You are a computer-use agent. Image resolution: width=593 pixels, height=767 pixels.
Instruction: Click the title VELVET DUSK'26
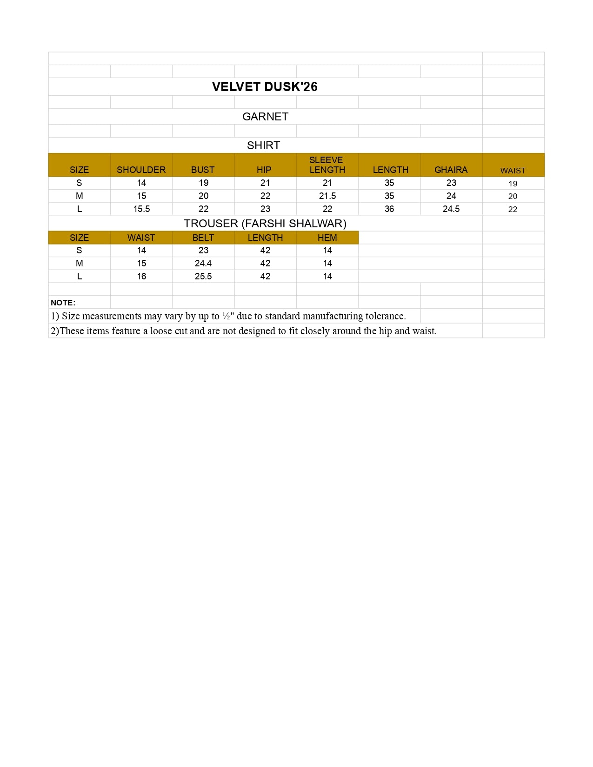coord(265,87)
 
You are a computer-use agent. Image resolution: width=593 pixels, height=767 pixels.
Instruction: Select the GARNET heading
coord(265,117)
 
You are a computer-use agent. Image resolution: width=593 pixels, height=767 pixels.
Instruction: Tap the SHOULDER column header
coord(141,170)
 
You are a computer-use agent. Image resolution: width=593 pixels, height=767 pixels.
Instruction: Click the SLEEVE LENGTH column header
coord(327,165)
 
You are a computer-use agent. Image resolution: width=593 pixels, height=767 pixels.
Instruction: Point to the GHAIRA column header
coord(451,170)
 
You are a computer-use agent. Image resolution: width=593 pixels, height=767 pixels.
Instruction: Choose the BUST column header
coord(203,170)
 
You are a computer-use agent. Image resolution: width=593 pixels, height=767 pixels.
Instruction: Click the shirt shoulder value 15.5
coord(141,209)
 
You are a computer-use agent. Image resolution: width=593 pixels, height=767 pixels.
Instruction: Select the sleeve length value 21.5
coord(327,196)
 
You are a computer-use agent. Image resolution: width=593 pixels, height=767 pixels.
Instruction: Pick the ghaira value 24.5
coord(451,209)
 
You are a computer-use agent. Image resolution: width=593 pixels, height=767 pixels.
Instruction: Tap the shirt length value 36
coord(389,209)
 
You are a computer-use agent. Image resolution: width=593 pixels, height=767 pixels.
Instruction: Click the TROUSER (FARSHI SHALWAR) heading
coord(265,224)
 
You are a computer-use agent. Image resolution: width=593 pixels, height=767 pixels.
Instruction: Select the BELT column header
coord(203,238)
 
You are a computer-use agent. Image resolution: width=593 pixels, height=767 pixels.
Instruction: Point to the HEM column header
coord(327,238)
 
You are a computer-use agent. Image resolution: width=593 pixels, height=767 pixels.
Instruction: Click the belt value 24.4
coord(203,264)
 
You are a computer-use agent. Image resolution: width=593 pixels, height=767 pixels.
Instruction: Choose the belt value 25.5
coord(203,277)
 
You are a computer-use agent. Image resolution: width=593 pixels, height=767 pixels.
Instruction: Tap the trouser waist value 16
coord(141,277)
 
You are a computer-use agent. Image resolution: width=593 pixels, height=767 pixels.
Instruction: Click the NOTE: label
coord(63,303)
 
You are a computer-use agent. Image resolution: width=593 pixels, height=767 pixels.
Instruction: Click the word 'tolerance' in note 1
coord(385,316)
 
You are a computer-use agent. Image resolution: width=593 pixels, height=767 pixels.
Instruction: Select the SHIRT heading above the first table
coord(263,145)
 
